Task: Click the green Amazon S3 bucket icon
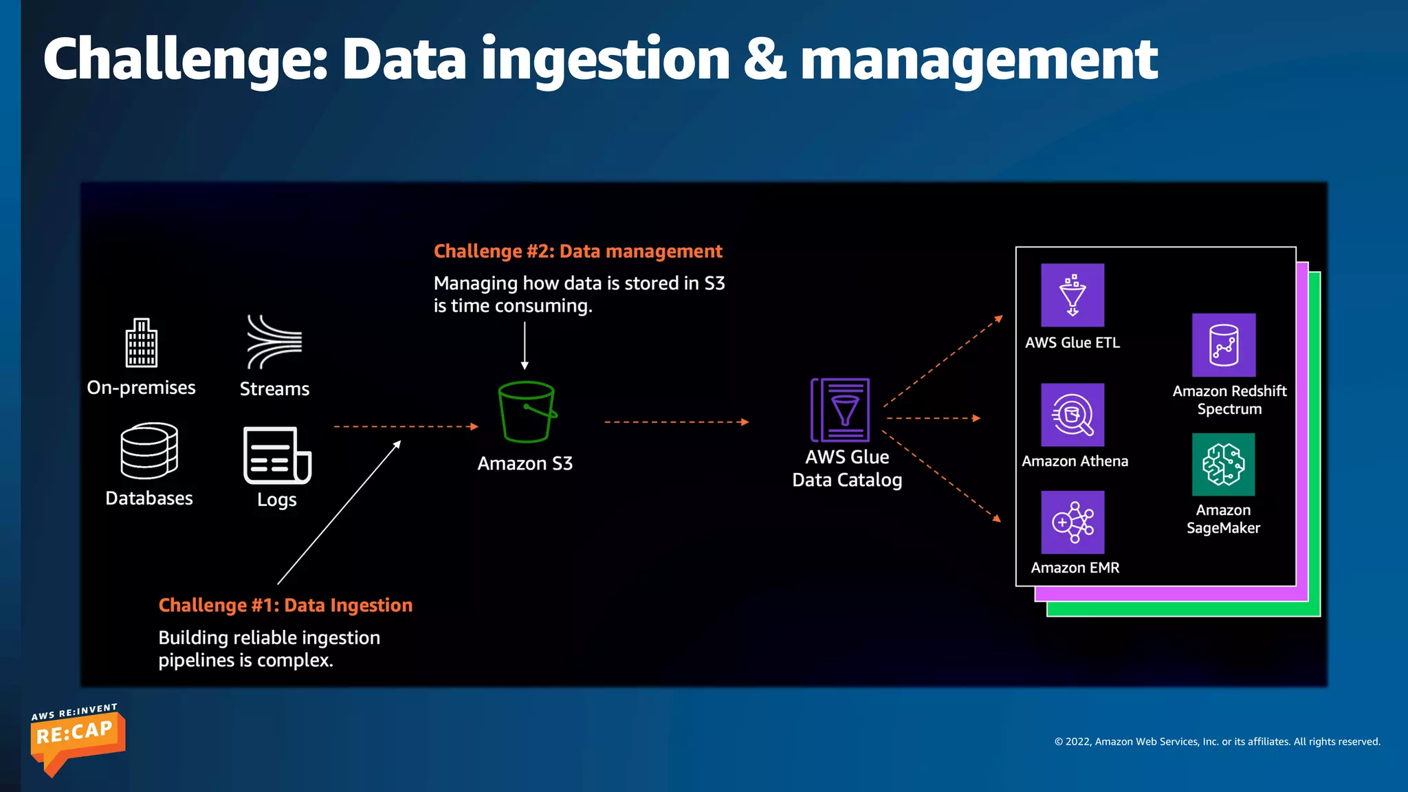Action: point(526,412)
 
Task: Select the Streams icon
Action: point(274,342)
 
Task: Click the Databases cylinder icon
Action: point(149,451)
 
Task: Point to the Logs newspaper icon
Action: point(277,455)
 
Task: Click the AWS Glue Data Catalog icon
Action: point(841,410)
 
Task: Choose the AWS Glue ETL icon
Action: point(1072,295)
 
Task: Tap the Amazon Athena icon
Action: point(1072,415)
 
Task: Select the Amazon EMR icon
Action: point(1072,522)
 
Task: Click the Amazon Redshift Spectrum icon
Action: point(1224,345)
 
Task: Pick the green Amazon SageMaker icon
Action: point(1224,464)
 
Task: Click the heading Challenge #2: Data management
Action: point(577,252)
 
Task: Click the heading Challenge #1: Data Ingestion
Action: point(285,605)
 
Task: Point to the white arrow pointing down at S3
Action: point(525,346)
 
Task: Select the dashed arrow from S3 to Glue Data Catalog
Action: point(676,422)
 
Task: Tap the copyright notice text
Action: point(1217,742)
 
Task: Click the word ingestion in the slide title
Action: point(605,60)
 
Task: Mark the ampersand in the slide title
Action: point(764,59)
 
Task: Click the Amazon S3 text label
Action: point(525,464)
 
